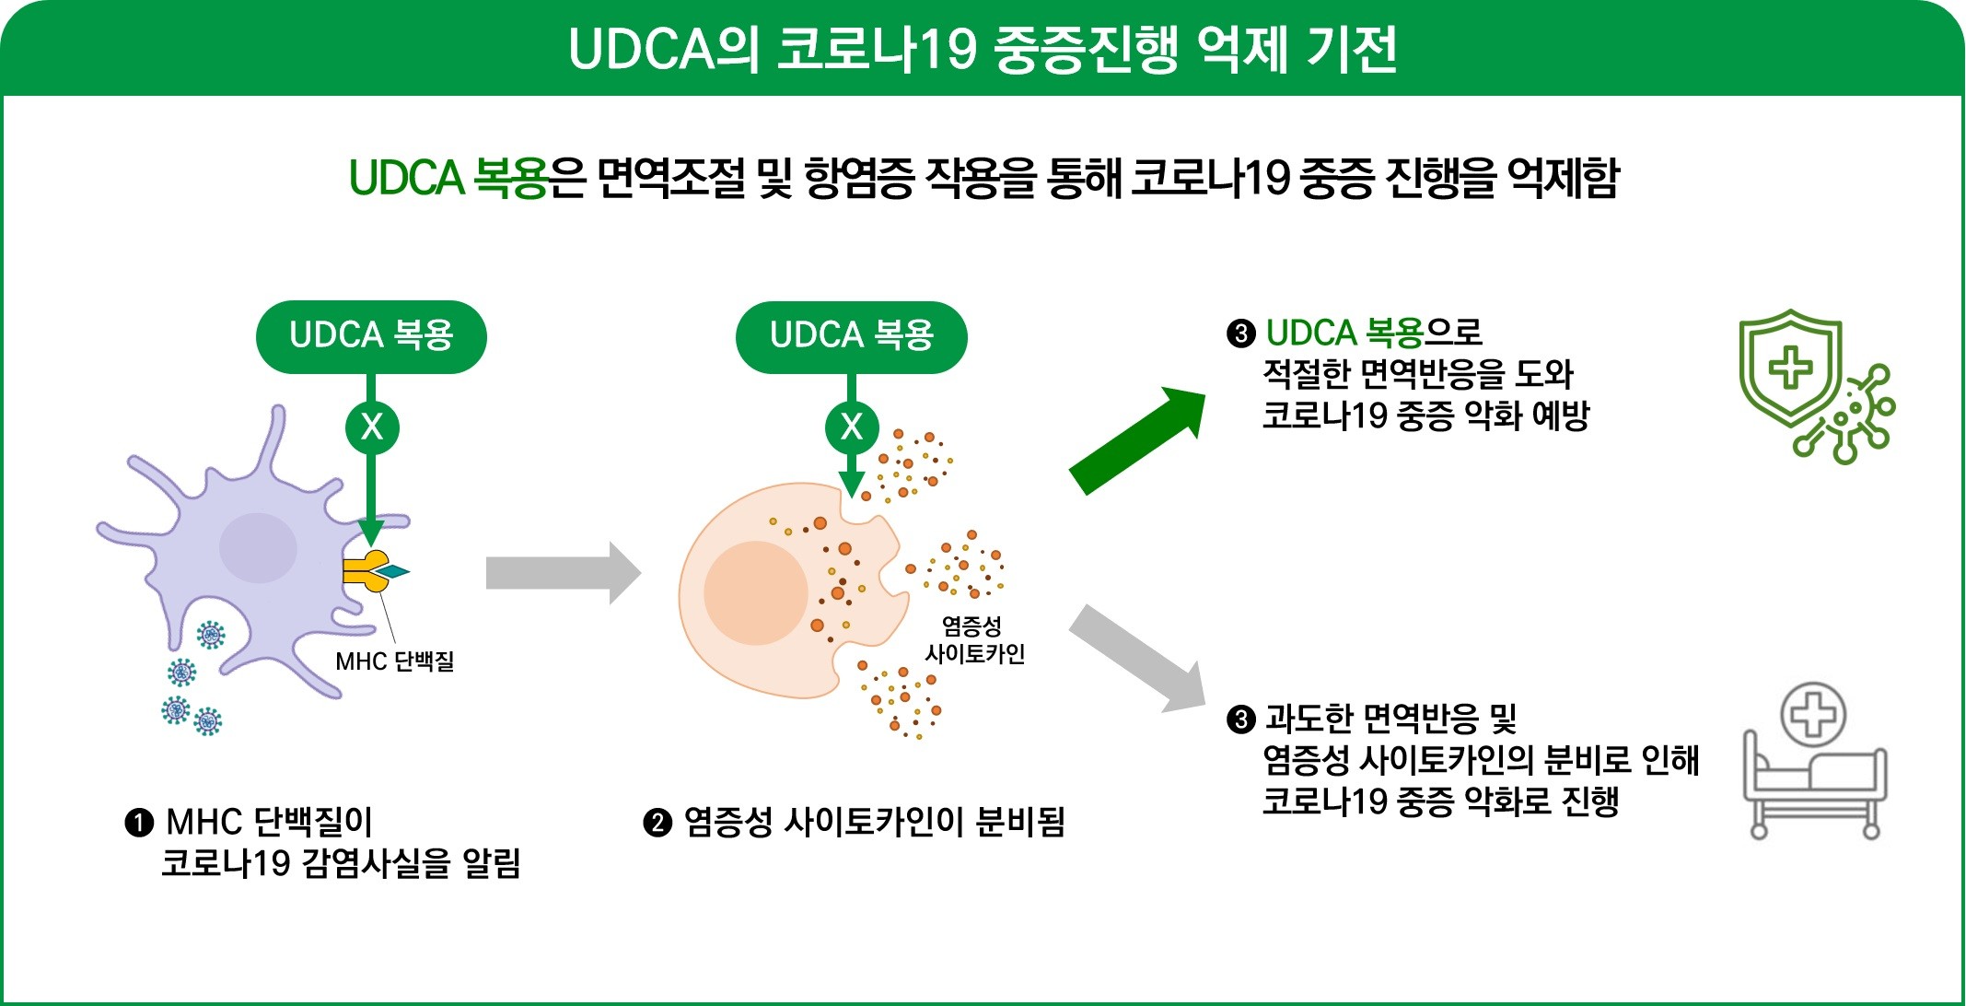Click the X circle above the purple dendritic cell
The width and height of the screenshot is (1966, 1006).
tap(372, 427)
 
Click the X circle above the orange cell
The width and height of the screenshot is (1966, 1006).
tap(852, 427)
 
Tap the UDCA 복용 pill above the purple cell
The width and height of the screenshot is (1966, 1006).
tap(371, 335)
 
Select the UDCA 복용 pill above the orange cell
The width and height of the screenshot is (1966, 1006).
tap(852, 335)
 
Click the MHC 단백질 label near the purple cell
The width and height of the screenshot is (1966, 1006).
tap(394, 661)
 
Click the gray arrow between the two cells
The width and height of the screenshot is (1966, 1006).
tap(563, 573)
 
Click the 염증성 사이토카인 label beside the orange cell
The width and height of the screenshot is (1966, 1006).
tap(974, 640)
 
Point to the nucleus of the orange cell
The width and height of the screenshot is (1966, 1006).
tap(756, 592)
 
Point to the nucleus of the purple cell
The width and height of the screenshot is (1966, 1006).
tap(258, 547)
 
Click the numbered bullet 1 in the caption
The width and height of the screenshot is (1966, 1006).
tap(138, 822)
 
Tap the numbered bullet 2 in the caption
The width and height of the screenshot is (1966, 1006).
tap(657, 822)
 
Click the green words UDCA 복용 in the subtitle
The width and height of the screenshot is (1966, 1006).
tap(448, 178)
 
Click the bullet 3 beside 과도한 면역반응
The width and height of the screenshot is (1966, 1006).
tap(1240, 719)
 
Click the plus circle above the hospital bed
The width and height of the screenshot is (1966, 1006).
tap(1813, 715)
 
